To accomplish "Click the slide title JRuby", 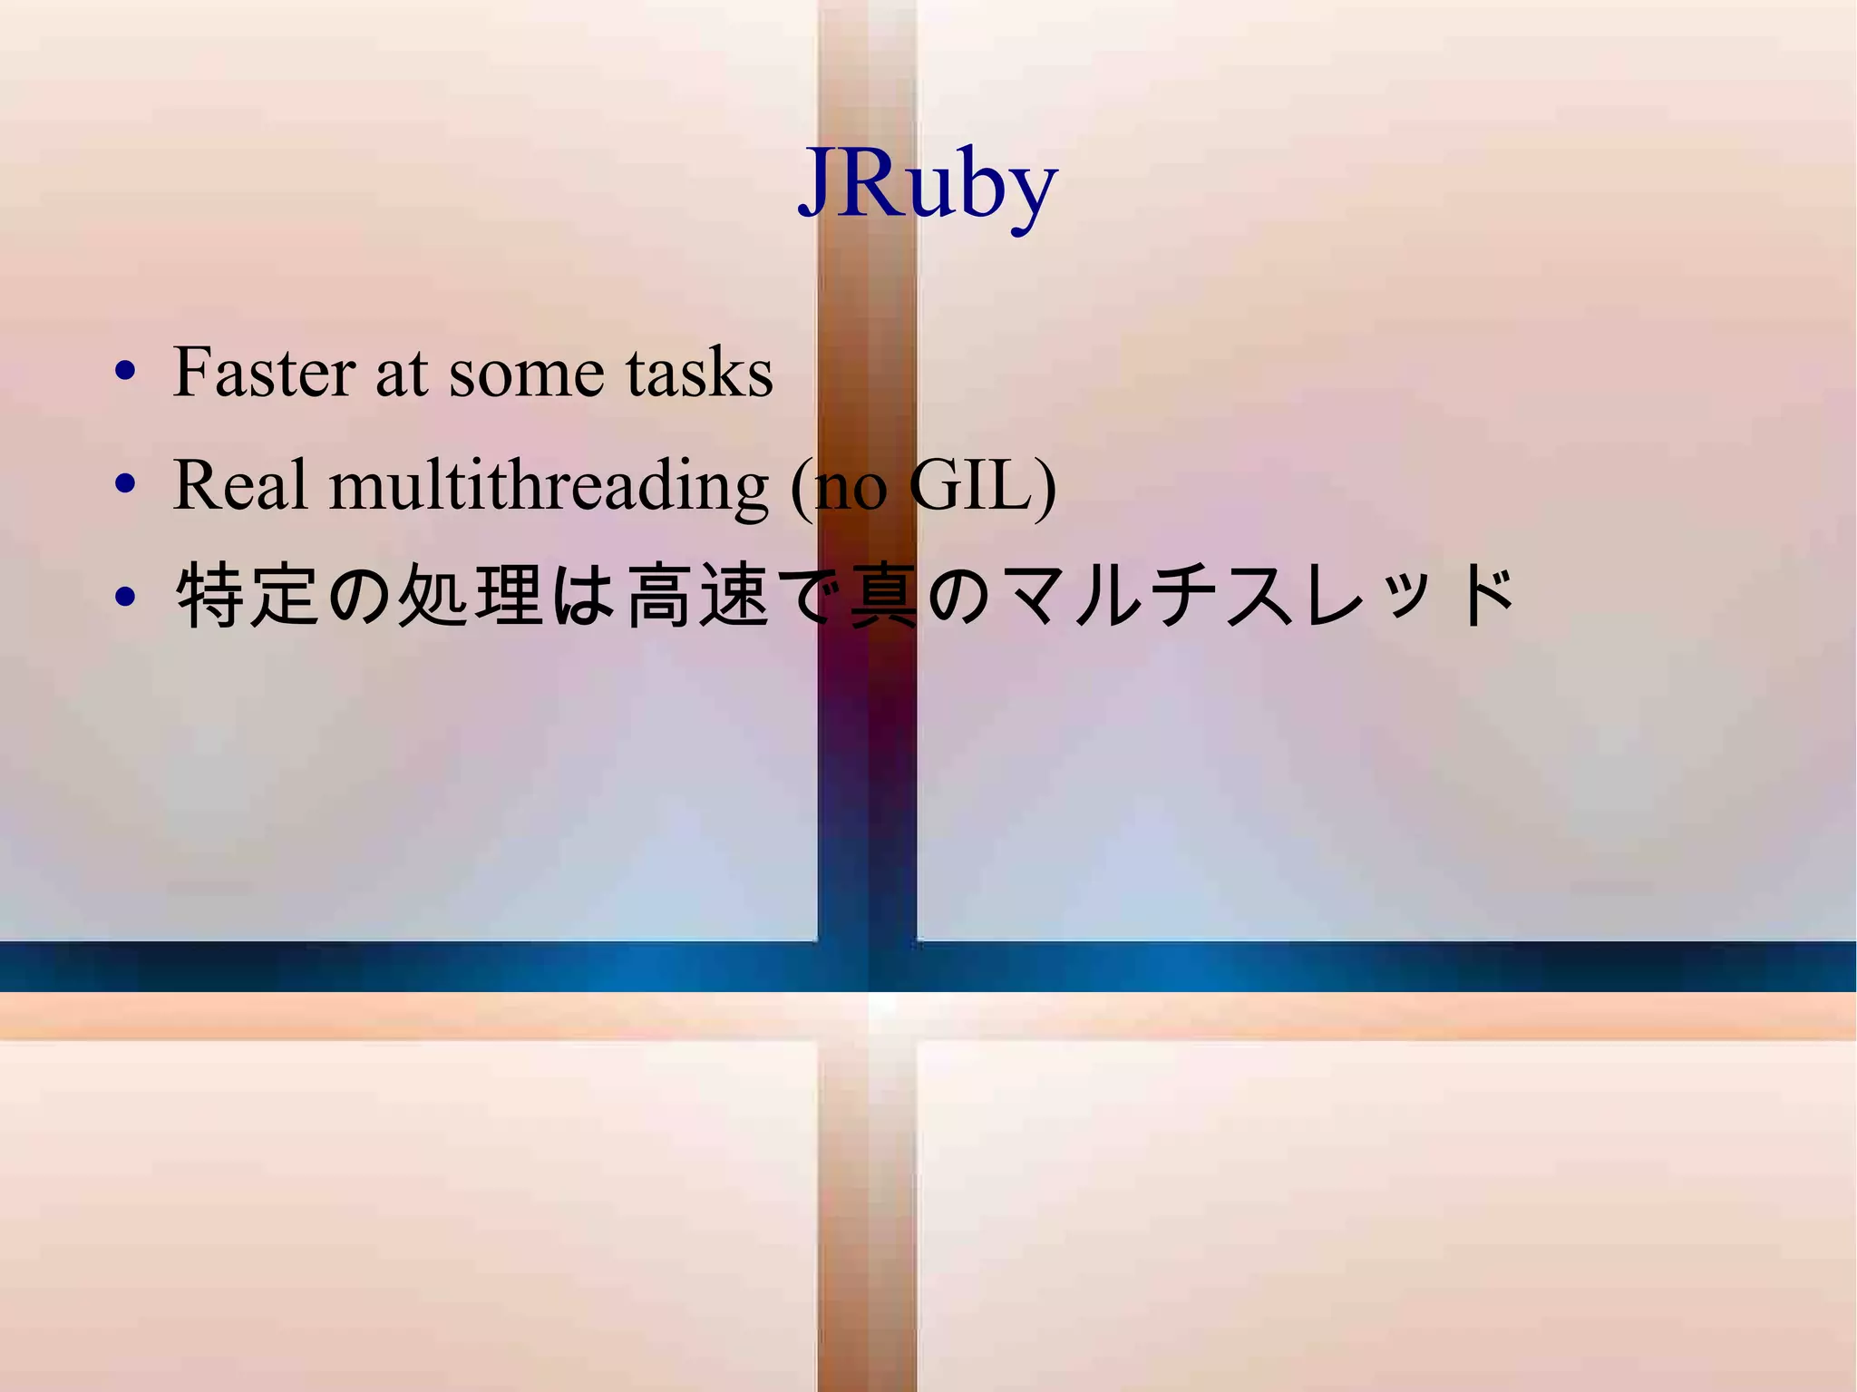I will click(928, 186).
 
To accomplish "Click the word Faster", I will click(264, 372).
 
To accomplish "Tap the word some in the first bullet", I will click(526, 374).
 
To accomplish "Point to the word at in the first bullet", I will click(401, 375).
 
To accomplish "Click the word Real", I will click(240, 484).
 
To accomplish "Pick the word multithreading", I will click(549, 486).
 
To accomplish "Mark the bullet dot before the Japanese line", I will click(126, 596).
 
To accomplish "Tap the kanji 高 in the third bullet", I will click(659, 596).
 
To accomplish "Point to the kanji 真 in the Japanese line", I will click(883, 596).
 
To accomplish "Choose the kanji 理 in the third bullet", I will click(508, 596).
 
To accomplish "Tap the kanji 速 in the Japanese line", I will click(734, 596).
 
